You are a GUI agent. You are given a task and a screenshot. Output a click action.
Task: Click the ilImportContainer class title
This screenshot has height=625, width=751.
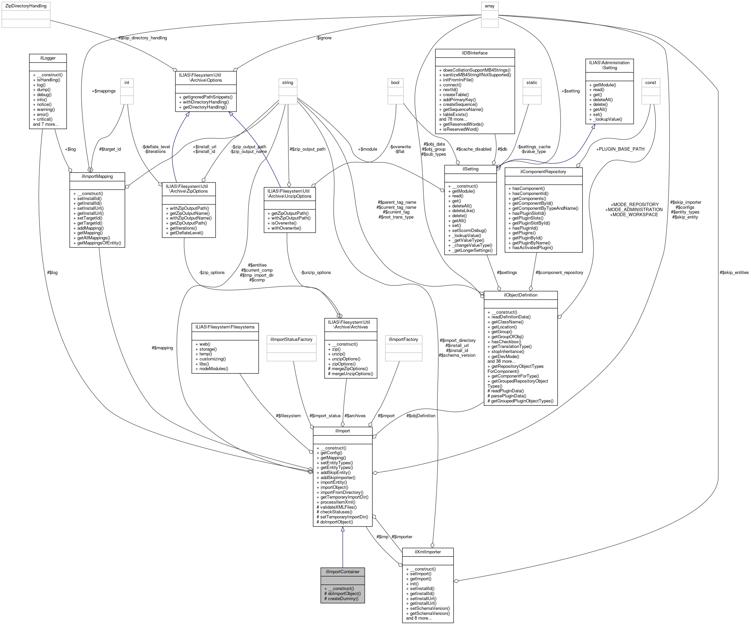click(x=342, y=572)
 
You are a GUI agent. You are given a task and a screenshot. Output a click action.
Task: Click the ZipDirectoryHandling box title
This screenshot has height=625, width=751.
click(x=26, y=6)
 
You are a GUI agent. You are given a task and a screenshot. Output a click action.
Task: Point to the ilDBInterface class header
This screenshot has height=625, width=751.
click(x=474, y=53)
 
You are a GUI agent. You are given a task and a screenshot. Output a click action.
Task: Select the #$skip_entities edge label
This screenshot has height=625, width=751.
click(x=734, y=272)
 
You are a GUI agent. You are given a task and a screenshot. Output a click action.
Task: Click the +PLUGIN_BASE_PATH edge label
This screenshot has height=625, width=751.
click(x=620, y=149)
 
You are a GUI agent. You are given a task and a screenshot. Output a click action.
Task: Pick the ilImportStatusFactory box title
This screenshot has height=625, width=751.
click(x=291, y=339)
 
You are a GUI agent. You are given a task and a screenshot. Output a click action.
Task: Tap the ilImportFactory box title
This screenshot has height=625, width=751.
click(x=403, y=339)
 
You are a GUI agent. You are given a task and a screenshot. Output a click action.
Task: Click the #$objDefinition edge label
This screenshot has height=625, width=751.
click(x=421, y=416)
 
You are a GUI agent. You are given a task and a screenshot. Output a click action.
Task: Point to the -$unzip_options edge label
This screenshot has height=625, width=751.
click(x=316, y=272)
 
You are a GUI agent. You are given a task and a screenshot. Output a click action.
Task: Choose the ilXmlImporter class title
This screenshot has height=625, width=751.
click(x=428, y=552)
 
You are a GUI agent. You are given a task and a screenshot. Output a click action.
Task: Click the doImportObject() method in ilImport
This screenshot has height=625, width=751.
click(x=336, y=522)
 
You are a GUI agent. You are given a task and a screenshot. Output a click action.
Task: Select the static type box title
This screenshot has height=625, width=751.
click(x=532, y=83)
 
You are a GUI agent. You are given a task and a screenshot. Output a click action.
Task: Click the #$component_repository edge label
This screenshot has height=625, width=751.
click(x=559, y=272)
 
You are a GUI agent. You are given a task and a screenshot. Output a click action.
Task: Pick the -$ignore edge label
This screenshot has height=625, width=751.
click(x=324, y=38)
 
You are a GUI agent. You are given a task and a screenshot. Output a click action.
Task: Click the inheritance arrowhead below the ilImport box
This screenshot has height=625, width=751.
click(x=342, y=530)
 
